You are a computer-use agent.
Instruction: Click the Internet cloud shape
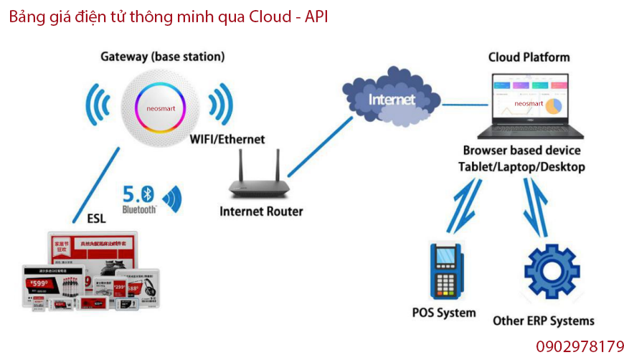point(390,97)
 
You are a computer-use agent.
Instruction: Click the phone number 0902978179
point(580,346)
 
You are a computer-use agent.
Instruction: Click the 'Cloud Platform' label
point(529,57)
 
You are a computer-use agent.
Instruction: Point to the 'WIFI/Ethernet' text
point(227,139)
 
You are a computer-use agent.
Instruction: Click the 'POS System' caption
point(444,313)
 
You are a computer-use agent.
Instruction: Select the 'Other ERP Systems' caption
point(544,321)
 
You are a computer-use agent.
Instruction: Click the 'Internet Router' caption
point(261,212)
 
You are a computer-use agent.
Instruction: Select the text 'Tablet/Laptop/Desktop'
point(521,166)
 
